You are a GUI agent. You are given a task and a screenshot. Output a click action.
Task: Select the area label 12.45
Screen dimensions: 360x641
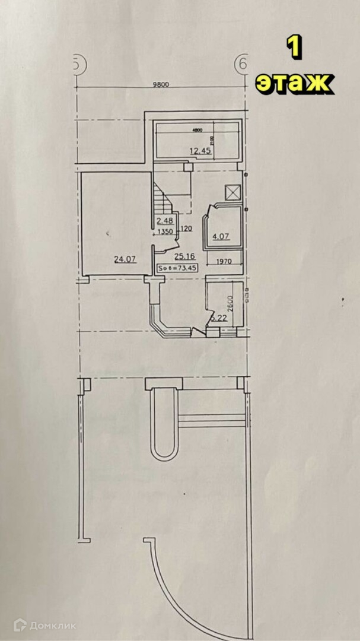pyautogui.click(x=200, y=151)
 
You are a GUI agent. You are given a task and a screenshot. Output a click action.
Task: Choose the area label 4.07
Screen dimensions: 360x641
pyautogui.click(x=221, y=237)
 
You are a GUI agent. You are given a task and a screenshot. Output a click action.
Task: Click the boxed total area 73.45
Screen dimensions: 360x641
pyautogui.click(x=177, y=268)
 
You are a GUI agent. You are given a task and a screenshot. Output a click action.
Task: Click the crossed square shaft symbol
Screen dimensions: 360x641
pyautogui.click(x=232, y=192)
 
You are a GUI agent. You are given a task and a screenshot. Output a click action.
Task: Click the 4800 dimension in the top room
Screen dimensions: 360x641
pyautogui.click(x=197, y=131)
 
